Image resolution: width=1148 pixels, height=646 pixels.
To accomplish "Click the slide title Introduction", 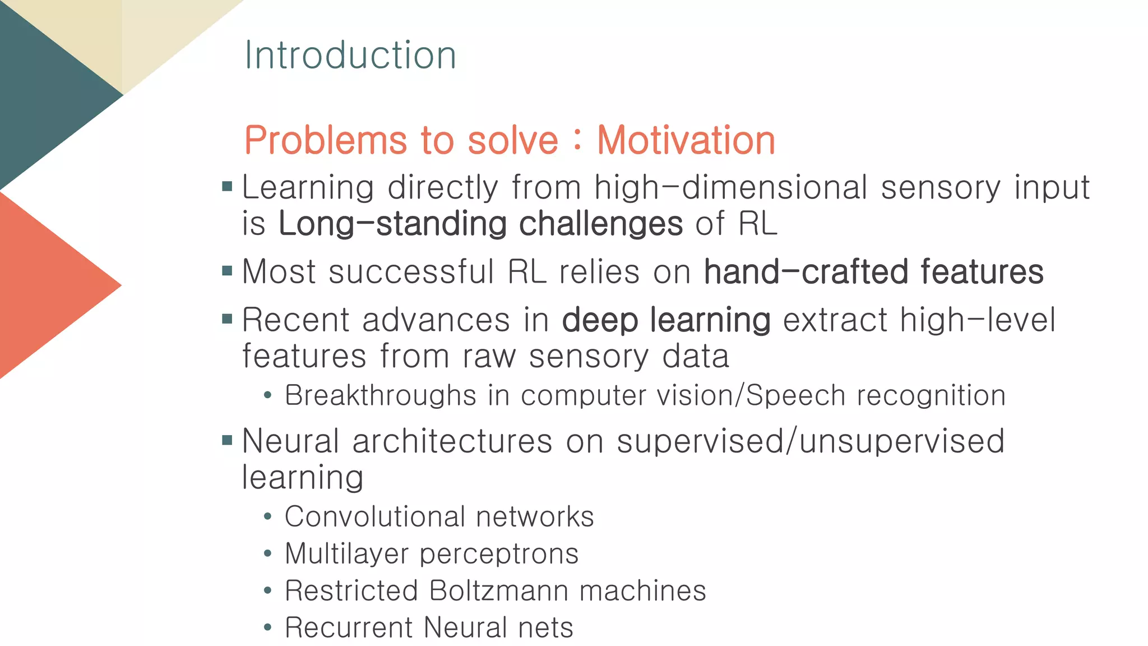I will pyautogui.click(x=350, y=56).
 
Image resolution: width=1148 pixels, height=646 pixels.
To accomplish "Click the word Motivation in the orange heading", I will pyautogui.click(x=686, y=140).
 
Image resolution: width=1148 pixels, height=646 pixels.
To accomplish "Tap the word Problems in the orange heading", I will pyautogui.click(x=325, y=140).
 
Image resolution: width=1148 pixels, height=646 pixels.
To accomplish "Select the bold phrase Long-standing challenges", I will pyautogui.click(x=480, y=224).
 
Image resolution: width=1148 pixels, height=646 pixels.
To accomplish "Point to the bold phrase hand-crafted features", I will pyautogui.click(x=873, y=272).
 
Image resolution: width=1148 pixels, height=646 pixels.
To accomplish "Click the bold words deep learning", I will pyautogui.click(x=666, y=320).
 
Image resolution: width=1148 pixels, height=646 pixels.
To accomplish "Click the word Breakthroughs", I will pyautogui.click(x=380, y=395).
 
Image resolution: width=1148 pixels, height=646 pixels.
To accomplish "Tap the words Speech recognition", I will pyautogui.click(x=876, y=395).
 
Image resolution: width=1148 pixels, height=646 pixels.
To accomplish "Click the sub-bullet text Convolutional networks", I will pyautogui.click(x=439, y=516).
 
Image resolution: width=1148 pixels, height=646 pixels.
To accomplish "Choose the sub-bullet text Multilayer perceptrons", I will pyautogui.click(x=432, y=553).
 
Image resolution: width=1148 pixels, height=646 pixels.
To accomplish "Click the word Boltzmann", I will pyautogui.click(x=499, y=590).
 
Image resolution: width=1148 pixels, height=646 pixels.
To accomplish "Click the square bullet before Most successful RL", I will pyautogui.click(x=227, y=271).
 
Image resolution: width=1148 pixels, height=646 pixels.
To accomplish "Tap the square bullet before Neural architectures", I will pyautogui.click(x=227, y=440).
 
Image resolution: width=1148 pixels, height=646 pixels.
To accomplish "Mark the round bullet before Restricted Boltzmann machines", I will pyautogui.click(x=268, y=591).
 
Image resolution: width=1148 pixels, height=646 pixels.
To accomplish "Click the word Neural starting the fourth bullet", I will pyautogui.click(x=290, y=441).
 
